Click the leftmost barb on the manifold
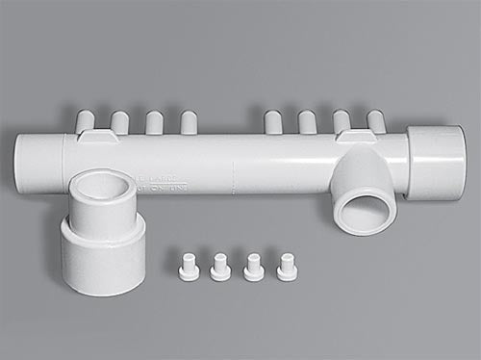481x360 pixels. click(x=85, y=121)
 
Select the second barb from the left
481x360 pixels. click(x=119, y=122)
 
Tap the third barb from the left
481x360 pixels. click(x=154, y=122)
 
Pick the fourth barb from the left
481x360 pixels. click(x=189, y=122)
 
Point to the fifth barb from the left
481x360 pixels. click(x=273, y=122)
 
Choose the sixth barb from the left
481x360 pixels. click(x=308, y=122)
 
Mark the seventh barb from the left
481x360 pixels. click(x=342, y=122)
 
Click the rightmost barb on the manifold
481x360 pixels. click(x=375, y=121)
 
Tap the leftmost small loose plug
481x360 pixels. click(x=190, y=267)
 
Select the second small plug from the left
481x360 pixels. click(x=220, y=267)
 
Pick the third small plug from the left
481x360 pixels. click(x=254, y=267)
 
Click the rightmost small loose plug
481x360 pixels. click(x=287, y=267)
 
